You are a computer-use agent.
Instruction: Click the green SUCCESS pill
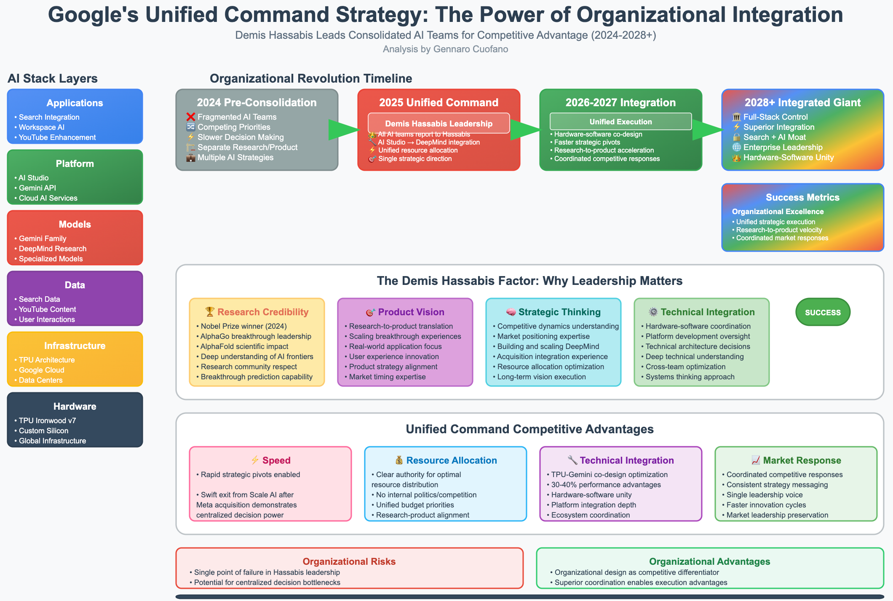click(823, 312)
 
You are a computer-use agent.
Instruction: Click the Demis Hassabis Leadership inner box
click(438, 123)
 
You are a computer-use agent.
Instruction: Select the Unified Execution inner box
click(620, 121)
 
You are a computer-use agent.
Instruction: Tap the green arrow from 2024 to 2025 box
click(343, 130)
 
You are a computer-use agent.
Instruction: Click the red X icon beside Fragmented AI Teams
click(190, 117)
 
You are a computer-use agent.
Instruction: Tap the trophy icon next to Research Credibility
click(210, 312)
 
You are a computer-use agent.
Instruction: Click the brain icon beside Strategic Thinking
click(511, 312)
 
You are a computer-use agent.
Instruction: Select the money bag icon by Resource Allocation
click(399, 460)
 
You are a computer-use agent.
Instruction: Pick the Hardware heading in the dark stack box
click(75, 406)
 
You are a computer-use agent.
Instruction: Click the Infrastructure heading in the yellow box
click(75, 346)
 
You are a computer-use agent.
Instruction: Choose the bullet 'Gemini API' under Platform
click(37, 188)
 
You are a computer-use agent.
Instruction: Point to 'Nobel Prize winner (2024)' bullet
click(243, 326)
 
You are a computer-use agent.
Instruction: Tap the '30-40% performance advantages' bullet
click(606, 485)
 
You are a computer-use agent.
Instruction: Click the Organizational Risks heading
click(349, 561)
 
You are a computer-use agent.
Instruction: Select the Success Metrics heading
click(802, 197)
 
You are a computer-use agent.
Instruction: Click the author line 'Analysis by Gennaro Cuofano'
click(445, 49)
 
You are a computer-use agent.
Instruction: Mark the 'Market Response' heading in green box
click(802, 460)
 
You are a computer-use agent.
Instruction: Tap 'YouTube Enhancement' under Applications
click(57, 137)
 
